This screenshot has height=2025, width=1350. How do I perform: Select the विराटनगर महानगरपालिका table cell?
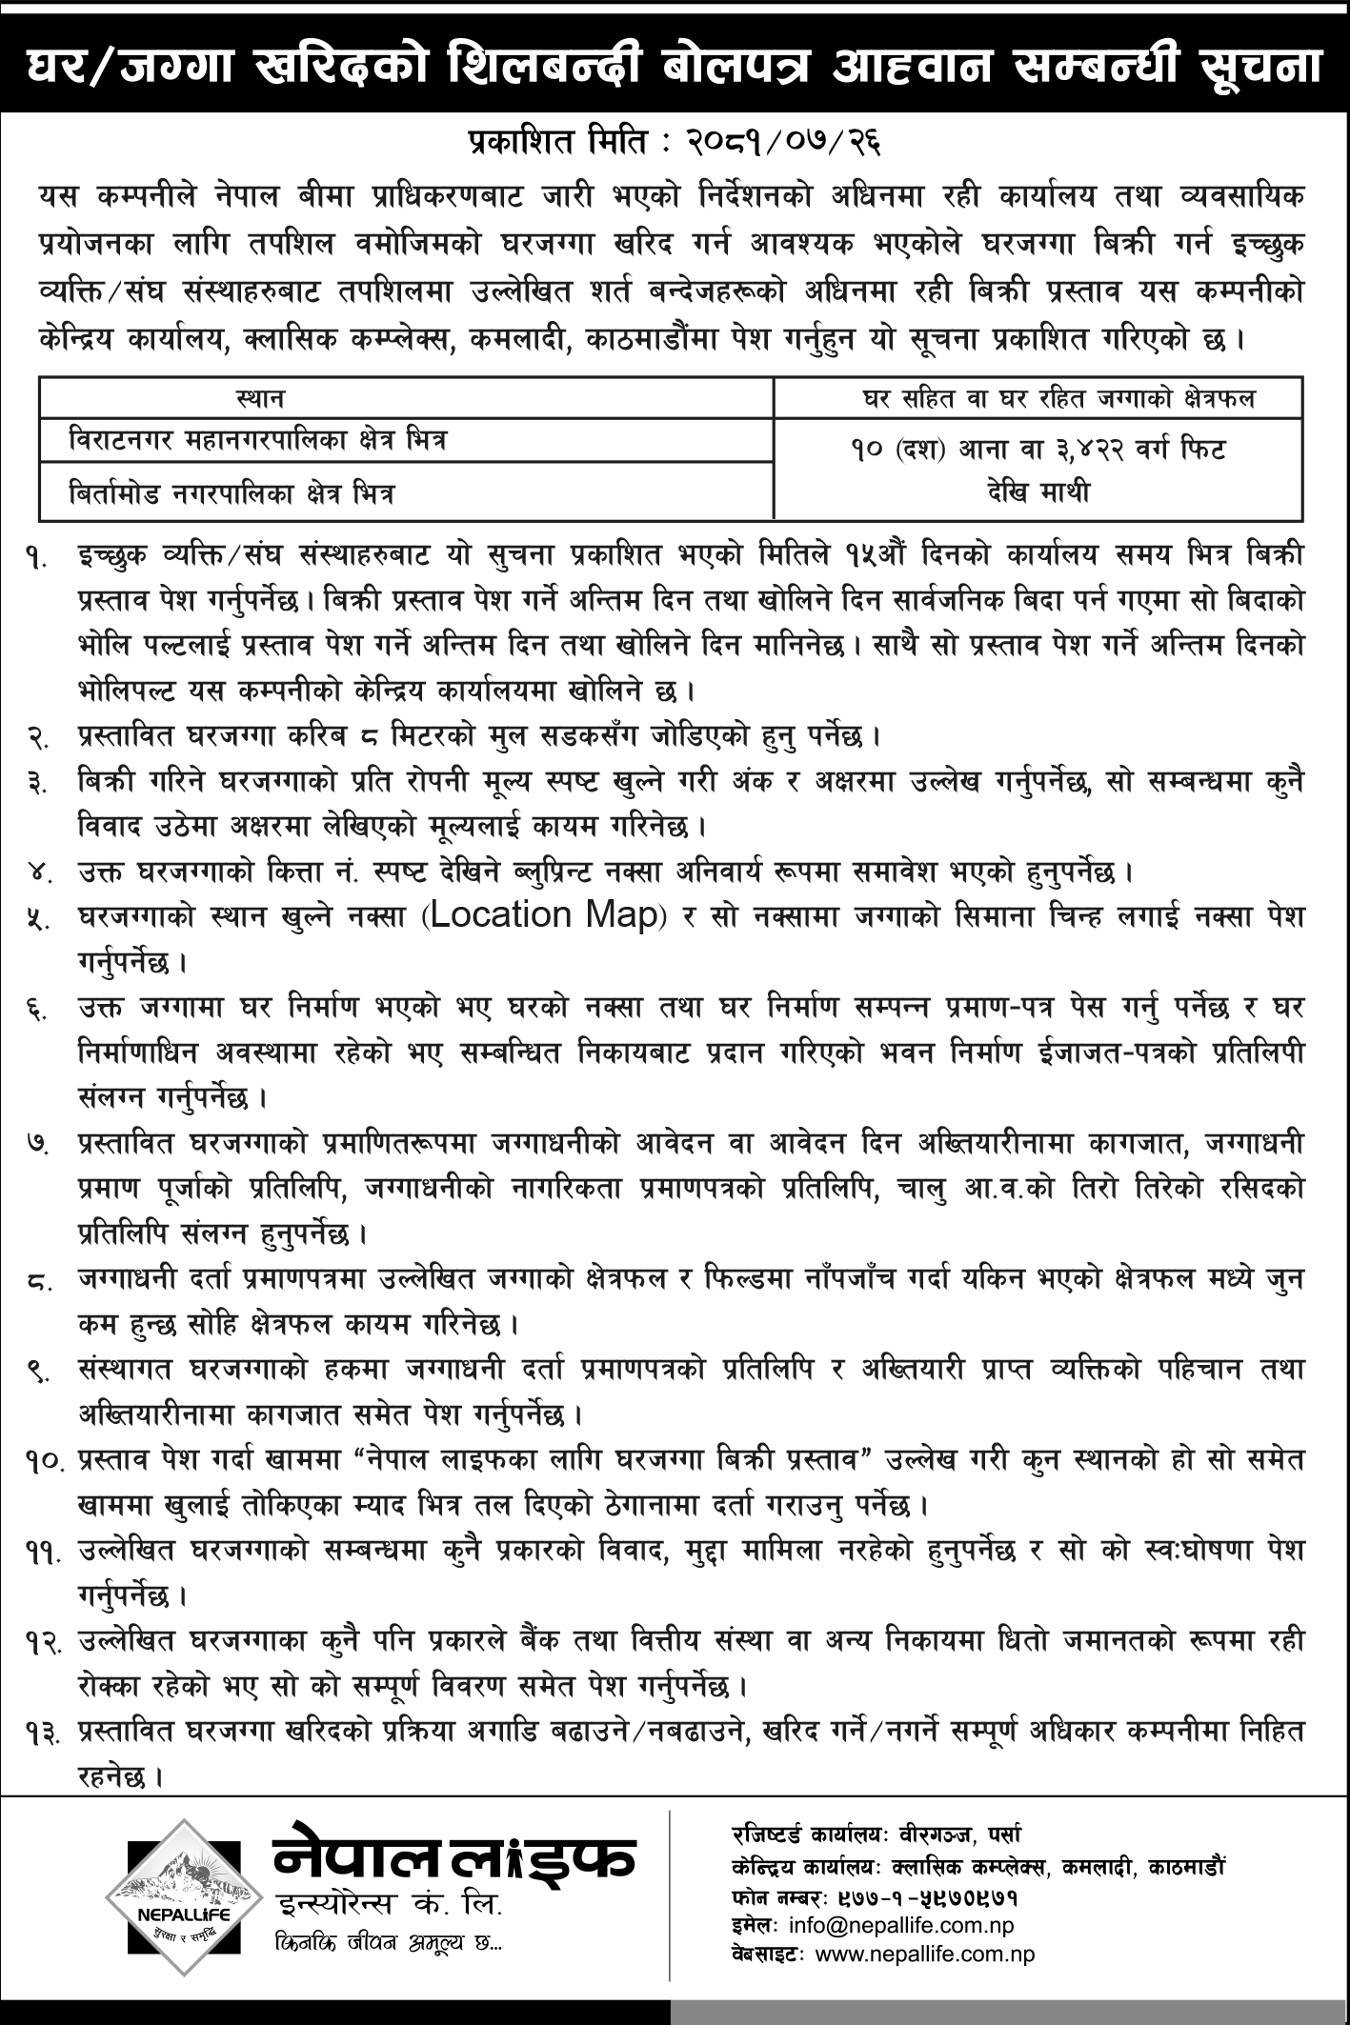click(x=257, y=443)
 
